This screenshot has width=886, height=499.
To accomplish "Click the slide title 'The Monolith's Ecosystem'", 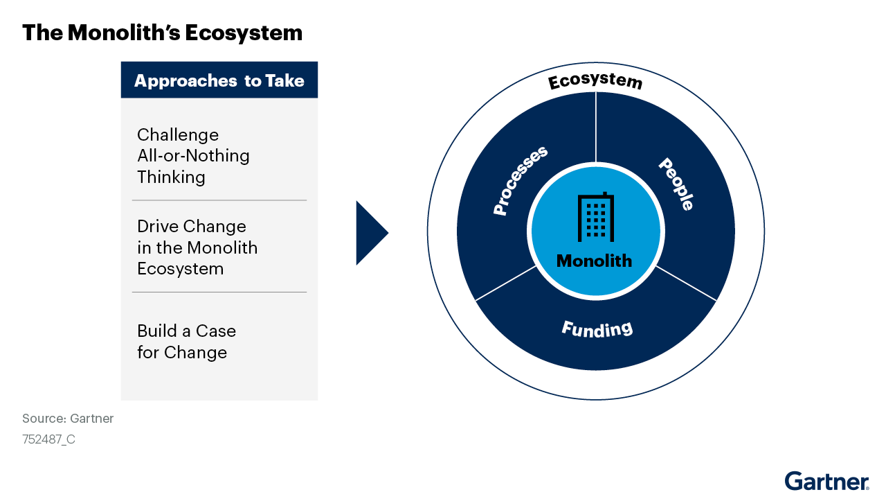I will tap(162, 33).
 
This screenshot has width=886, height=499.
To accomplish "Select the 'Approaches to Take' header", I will tap(219, 80).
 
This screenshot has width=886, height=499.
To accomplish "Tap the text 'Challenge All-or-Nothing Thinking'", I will tap(193, 156).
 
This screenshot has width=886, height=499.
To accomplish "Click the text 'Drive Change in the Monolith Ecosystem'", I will tap(197, 247).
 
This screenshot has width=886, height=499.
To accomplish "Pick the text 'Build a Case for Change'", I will tap(186, 341).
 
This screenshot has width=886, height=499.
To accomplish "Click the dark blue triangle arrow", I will tap(370, 233).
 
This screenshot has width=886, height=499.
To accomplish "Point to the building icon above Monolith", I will tap(595, 217).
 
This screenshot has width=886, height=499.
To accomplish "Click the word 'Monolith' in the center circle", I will tap(595, 261).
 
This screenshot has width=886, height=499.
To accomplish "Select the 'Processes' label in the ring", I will tap(520, 180).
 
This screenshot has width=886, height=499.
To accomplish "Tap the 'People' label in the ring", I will tap(676, 184).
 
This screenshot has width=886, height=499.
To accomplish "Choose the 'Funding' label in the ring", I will tap(597, 329).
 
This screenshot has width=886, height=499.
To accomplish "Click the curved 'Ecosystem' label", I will tap(595, 81).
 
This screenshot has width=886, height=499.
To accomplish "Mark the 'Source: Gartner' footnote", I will tap(68, 419).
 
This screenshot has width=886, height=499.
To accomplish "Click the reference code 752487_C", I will tap(48, 439).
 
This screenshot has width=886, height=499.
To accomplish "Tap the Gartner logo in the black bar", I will tap(826, 482).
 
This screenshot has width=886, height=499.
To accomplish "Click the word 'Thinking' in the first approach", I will tap(171, 177).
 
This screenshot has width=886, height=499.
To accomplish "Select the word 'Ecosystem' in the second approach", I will tap(180, 269).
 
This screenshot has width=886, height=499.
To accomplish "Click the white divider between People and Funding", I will tap(686, 283).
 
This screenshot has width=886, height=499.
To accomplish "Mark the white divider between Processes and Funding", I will tap(506, 283).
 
